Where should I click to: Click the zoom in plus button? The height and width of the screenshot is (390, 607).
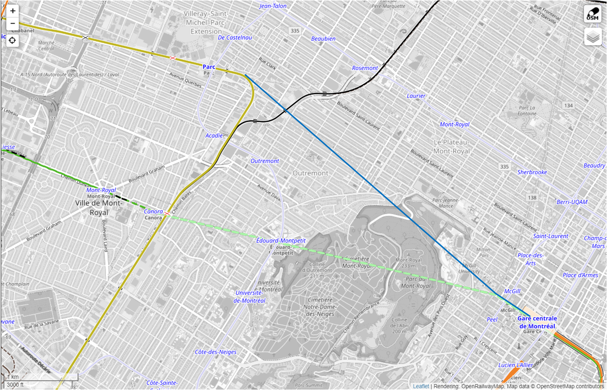(12, 10)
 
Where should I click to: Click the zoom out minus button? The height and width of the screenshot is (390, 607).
(12, 23)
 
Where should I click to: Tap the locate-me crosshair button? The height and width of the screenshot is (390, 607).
(12, 40)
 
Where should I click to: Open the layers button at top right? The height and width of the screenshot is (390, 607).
(593, 36)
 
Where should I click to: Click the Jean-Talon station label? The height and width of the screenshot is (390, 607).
(273, 6)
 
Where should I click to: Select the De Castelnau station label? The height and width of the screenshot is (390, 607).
(235, 37)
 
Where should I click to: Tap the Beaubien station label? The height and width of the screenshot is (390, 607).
(323, 38)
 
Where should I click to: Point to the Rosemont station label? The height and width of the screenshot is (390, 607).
(365, 68)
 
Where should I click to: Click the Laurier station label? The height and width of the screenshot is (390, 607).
(416, 96)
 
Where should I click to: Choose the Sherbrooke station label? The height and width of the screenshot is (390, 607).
(532, 172)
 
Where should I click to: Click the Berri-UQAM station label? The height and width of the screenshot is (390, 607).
(572, 202)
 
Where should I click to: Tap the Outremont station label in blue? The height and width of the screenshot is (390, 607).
(265, 161)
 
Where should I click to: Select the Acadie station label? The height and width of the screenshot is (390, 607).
(214, 136)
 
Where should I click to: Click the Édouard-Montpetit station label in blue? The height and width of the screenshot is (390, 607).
(280, 241)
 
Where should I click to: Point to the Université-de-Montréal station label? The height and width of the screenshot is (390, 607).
(250, 297)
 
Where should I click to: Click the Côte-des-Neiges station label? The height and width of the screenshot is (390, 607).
(215, 352)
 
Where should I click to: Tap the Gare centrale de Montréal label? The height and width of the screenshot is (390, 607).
(537, 322)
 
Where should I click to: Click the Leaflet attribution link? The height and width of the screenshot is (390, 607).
(421, 386)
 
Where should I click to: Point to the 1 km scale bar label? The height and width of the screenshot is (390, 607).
(12, 377)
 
